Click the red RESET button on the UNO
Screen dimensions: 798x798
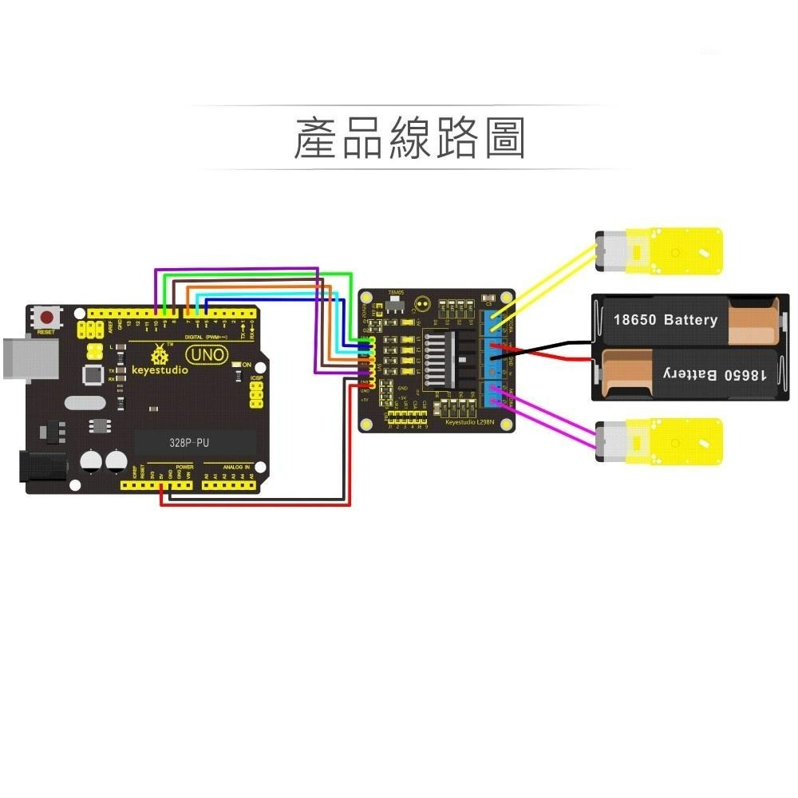click(46, 317)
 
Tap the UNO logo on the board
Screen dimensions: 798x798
click(205, 354)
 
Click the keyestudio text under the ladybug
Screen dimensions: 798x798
click(160, 370)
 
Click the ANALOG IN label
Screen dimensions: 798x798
click(236, 467)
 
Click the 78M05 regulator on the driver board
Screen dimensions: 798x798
click(394, 305)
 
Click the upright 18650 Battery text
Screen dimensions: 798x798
click(665, 320)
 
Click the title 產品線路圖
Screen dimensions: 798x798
click(409, 137)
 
